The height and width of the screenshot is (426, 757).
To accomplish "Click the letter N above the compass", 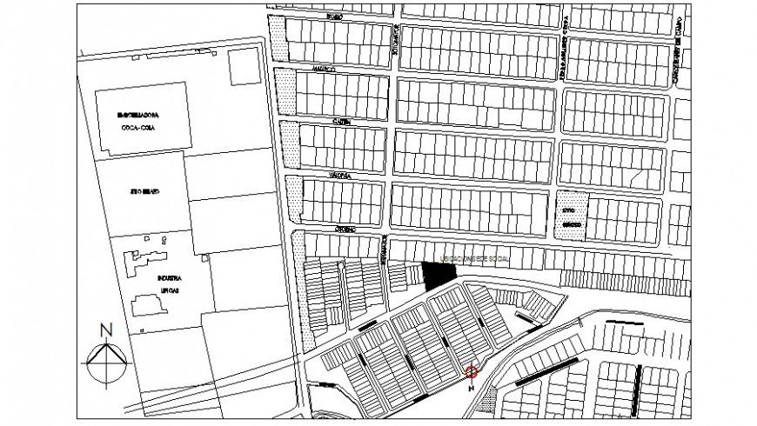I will pos(105,329).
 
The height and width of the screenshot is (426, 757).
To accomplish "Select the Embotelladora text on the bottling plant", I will pos(143,115).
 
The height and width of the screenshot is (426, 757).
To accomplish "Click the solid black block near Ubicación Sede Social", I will pos(439,274).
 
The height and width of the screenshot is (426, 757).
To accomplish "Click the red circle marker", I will pos(472,372).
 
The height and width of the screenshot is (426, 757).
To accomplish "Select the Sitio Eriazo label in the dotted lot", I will pos(570,218).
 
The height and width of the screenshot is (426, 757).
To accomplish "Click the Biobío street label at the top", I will pos(336,15).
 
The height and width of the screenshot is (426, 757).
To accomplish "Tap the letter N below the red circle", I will pos(471,389).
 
